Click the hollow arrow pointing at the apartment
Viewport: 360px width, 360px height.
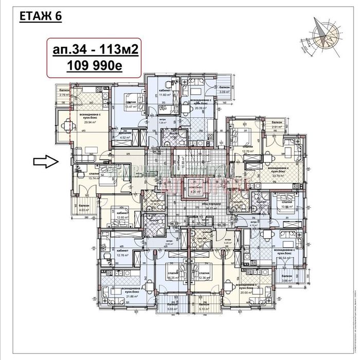(x=45, y=162)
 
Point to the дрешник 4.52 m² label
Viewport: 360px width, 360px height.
(x=124, y=136)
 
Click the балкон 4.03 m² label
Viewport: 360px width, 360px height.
(x=84, y=207)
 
